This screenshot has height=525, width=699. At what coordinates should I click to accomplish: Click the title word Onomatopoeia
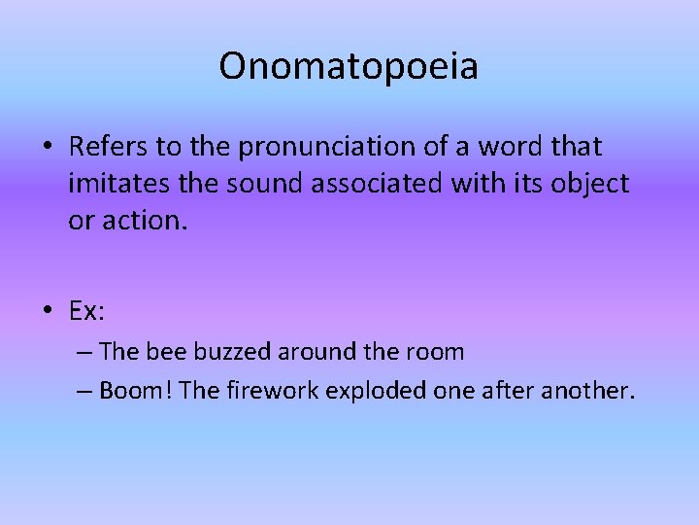point(349,67)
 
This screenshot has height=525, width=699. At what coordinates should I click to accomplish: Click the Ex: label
point(87,310)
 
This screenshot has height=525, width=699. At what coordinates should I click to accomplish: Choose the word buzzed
point(232,351)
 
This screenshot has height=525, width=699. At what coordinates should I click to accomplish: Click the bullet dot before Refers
point(48,148)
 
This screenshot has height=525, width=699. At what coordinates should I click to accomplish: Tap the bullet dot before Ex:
point(48,311)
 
